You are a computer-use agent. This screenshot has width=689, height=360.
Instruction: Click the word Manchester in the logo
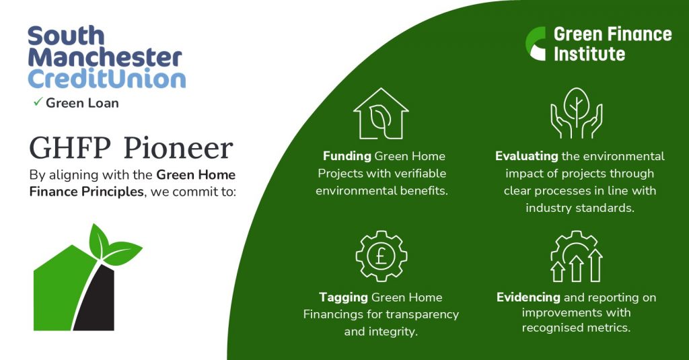click(105, 57)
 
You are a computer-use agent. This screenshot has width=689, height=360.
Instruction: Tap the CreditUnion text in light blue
click(107, 79)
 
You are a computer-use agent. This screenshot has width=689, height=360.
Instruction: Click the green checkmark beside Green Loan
click(38, 102)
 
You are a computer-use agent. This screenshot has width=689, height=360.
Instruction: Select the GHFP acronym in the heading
click(70, 148)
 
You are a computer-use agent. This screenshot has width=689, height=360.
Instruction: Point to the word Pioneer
click(178, 148)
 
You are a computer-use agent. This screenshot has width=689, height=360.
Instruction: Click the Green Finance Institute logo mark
click(536, 43)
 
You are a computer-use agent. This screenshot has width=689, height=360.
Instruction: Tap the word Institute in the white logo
click(589, 54)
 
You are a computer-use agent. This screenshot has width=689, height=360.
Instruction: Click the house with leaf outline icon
click(381, 114)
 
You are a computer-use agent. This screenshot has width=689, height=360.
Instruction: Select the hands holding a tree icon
click(576, 114)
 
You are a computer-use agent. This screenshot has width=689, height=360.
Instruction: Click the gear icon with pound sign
click(382, 256)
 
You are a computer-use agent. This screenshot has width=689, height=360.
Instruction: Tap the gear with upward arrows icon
click(576, 256)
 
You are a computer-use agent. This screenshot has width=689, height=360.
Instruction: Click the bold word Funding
click(347, 156)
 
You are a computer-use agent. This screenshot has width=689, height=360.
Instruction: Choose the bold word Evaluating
click(526, 156)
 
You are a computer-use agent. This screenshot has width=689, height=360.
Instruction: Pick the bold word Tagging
click(344, 297)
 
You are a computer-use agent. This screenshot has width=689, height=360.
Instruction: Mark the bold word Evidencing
click(528, 297)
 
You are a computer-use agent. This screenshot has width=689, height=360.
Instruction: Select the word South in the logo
click(66, 36)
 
